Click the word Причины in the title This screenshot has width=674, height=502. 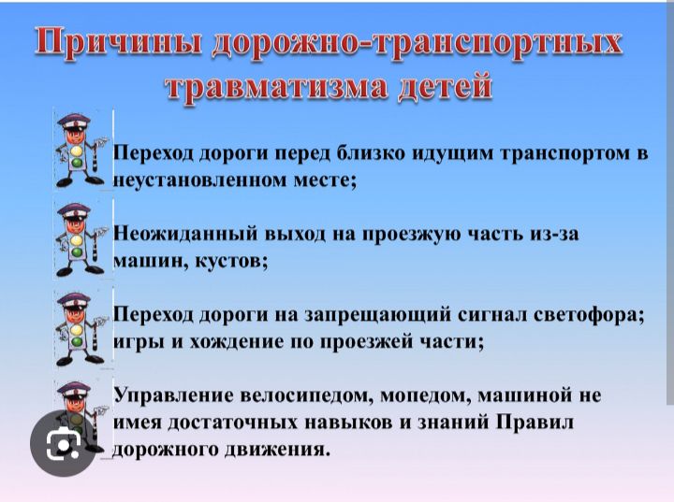[x=118, y=43]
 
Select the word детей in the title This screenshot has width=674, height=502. [x=445, y=87]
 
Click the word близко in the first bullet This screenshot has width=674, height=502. [x=370, y=153]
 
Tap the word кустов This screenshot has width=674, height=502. [x=231, y=261]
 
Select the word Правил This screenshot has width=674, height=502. [x=535, y=423]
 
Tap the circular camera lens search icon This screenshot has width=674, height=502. [x=63, y=443]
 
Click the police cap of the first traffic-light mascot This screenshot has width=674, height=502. [x=74, y=122]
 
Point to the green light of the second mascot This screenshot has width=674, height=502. [x=77, y=252]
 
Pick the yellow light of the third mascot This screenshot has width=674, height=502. [x=77, y=330]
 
